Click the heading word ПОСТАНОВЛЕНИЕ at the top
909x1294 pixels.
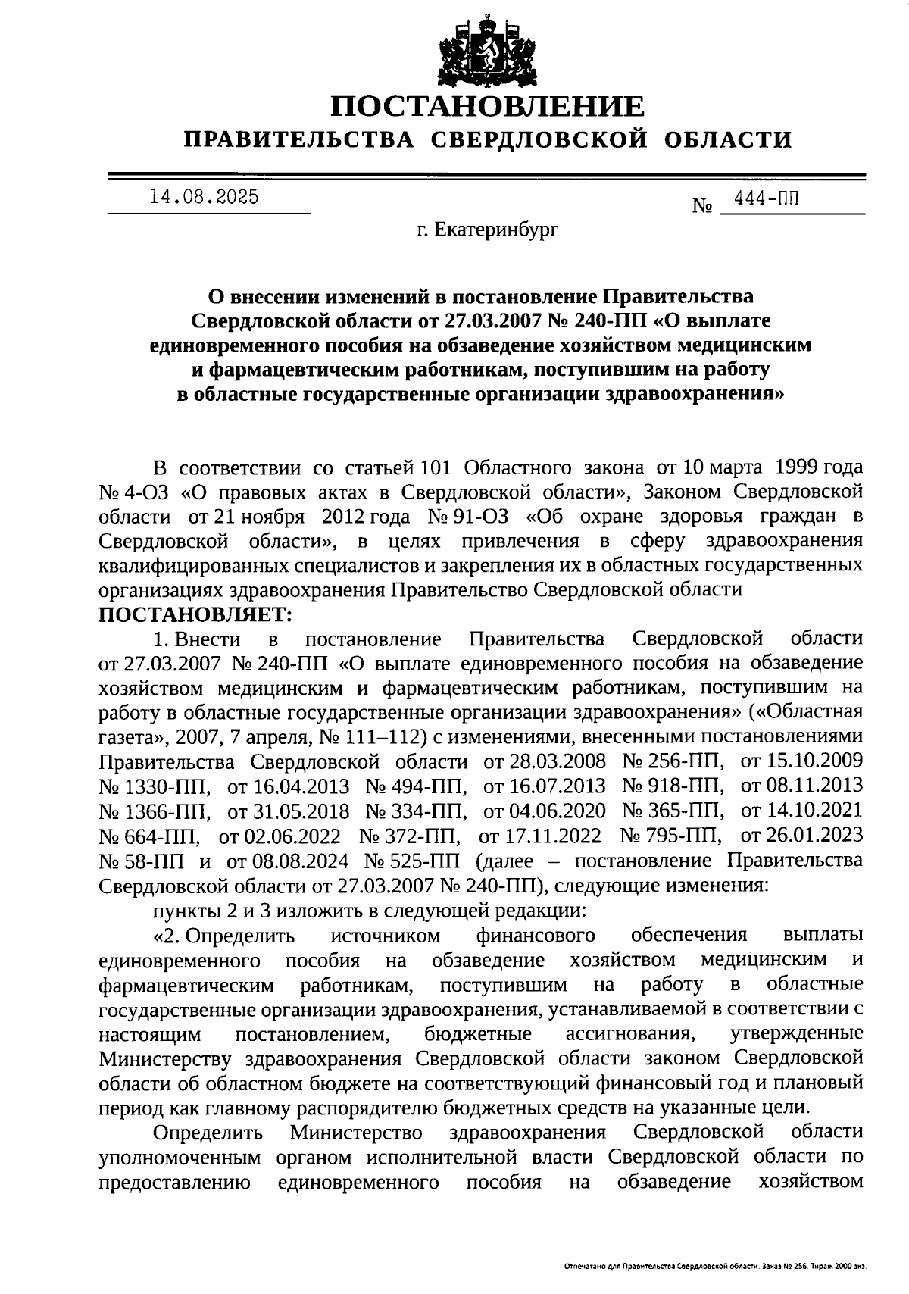489,107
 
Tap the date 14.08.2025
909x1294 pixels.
205,197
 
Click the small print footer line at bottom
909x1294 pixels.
716,1266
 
